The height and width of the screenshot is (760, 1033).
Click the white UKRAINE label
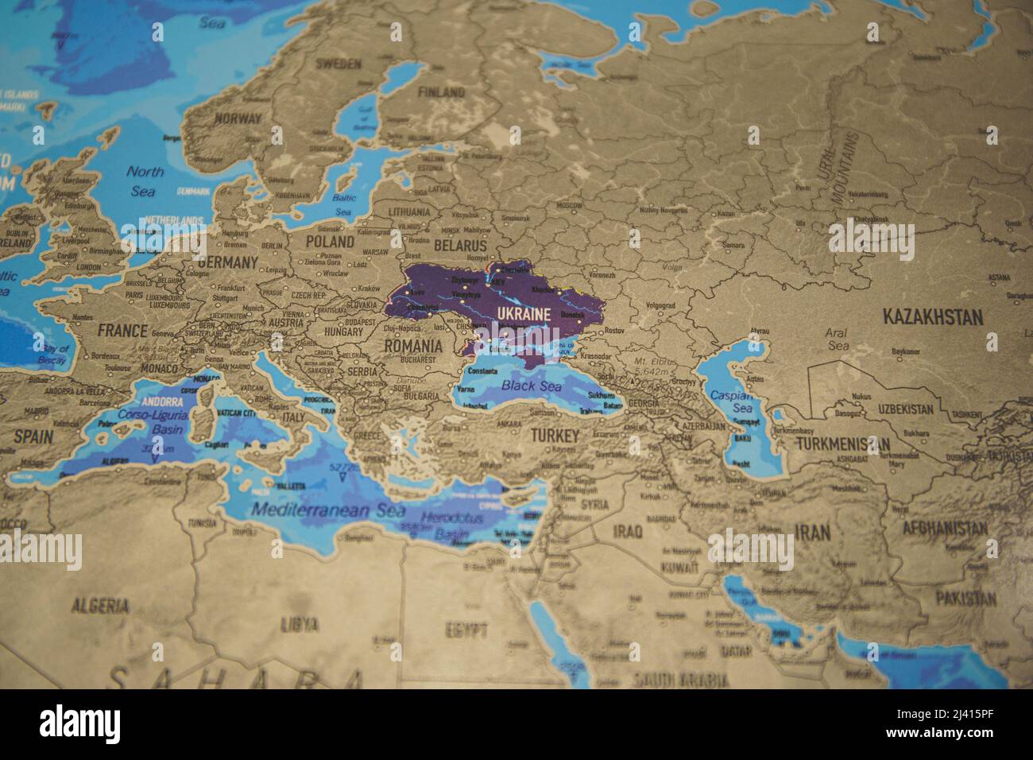click(524, 314)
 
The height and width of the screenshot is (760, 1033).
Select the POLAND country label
click(330, 241)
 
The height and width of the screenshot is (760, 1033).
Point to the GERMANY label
click(228, 262)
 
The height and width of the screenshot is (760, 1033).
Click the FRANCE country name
click(122, 330)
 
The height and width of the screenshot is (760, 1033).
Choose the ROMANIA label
click(413, 347)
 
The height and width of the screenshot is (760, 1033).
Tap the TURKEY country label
click(555, 436)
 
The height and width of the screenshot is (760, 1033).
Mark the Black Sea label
click(531, 387)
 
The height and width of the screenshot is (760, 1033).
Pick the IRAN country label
click(813, 533)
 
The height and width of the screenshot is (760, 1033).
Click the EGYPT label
click(466, 632)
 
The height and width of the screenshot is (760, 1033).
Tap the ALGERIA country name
click(100, 606)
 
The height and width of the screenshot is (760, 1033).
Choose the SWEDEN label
click(338, 64)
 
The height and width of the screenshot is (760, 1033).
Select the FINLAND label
click(441, 92)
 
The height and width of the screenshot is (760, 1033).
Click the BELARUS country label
click(459, 246)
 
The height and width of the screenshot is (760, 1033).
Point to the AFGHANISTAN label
click(944, 528)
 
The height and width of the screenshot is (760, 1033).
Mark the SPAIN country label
click(33, 436)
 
